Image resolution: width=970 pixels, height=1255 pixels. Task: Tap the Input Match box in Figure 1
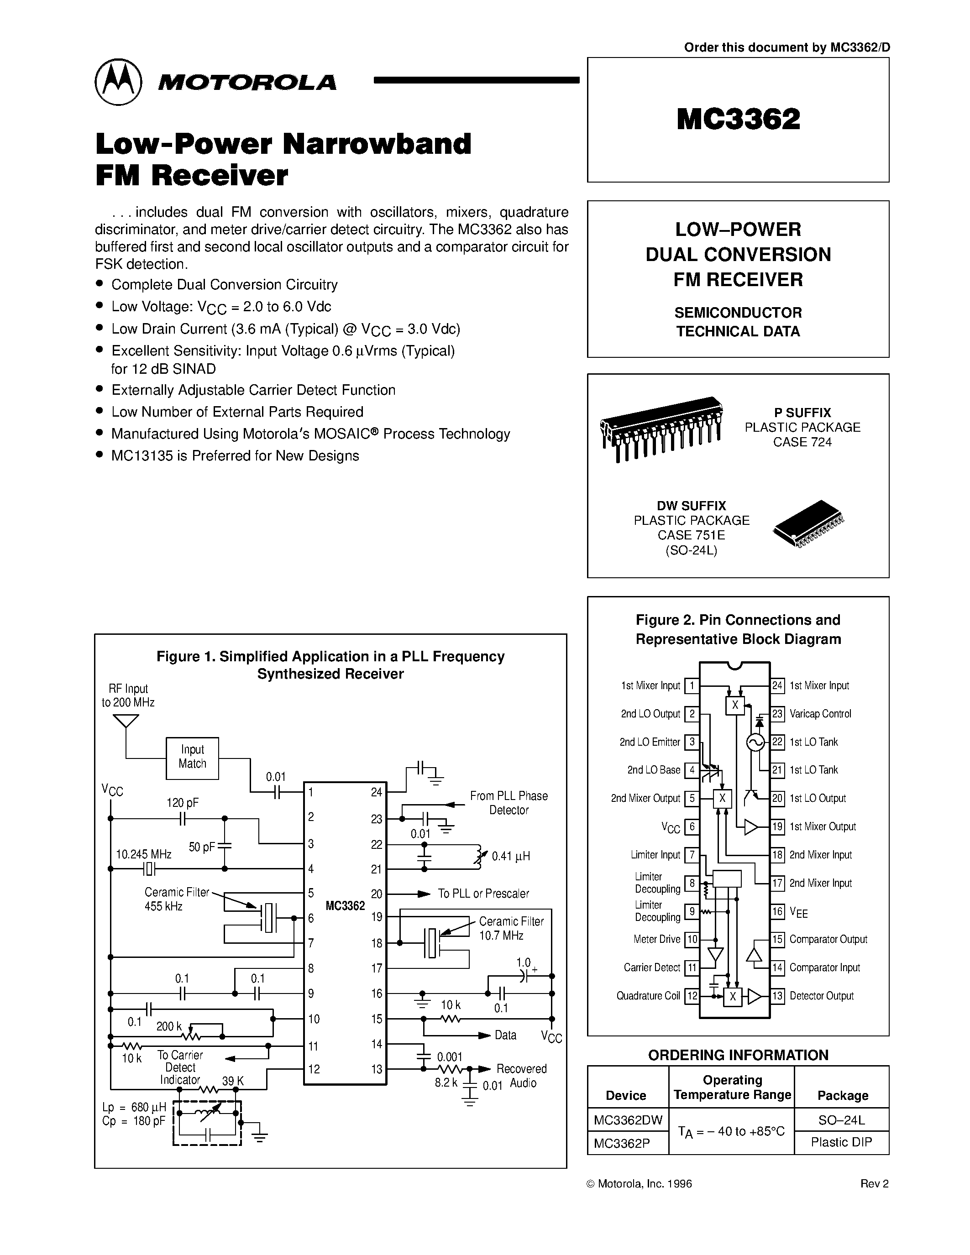coord(192,758)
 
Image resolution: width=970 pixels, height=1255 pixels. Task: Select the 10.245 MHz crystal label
coord(144,854)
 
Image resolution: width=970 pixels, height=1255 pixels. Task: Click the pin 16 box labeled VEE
coord(777,911)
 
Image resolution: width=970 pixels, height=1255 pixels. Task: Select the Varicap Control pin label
coord(820,714)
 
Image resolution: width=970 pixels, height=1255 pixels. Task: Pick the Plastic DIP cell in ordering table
coord(841,1142)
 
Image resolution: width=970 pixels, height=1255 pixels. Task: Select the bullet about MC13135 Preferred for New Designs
coord(235,456)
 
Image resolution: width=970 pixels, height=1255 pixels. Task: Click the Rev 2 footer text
coord(874,1184)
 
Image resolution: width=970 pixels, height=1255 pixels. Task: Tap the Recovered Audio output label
coord(522,1076)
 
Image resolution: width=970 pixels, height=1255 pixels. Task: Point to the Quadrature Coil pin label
coord(648,996)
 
